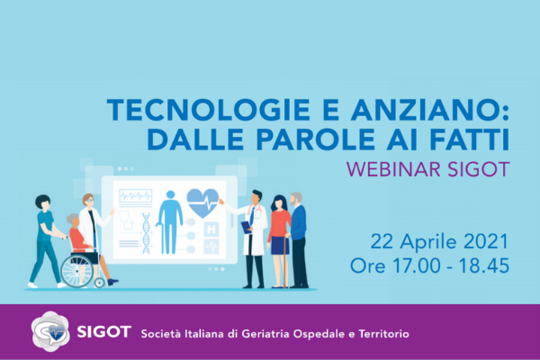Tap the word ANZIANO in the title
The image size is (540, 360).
click(426, 110)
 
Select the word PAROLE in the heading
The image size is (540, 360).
click(316, 139)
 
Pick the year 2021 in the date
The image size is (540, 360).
click(486, 241)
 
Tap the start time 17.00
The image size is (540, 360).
click(417, 265)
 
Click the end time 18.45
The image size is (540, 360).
click(483, 265)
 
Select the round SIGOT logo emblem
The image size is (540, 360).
click(50, 332)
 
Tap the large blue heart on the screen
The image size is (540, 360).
click(202, 202)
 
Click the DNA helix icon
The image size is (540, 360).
click(147, 233)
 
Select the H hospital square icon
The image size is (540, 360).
click(211, 229)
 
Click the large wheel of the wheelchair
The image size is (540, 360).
click(76, 271)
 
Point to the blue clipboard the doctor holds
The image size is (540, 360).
click(246, 228)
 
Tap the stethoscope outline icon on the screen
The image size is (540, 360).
click(126, 220)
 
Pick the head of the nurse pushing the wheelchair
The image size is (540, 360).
click(42, 202)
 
